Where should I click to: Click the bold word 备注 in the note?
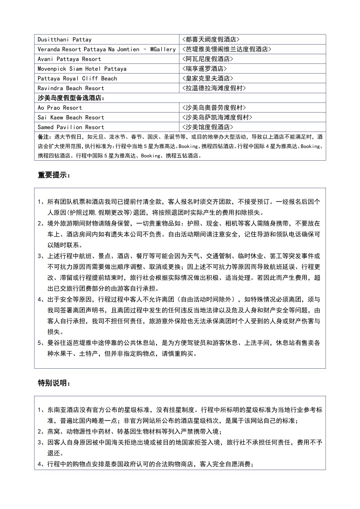pyautogui.click(x=43, y=137)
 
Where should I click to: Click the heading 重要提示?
pyautogui.click(x=54, y=175)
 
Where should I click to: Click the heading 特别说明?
pyautogui.click(x=54, y=383)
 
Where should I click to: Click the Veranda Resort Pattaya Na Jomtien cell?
pyautogui.click(x=106, y=49)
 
